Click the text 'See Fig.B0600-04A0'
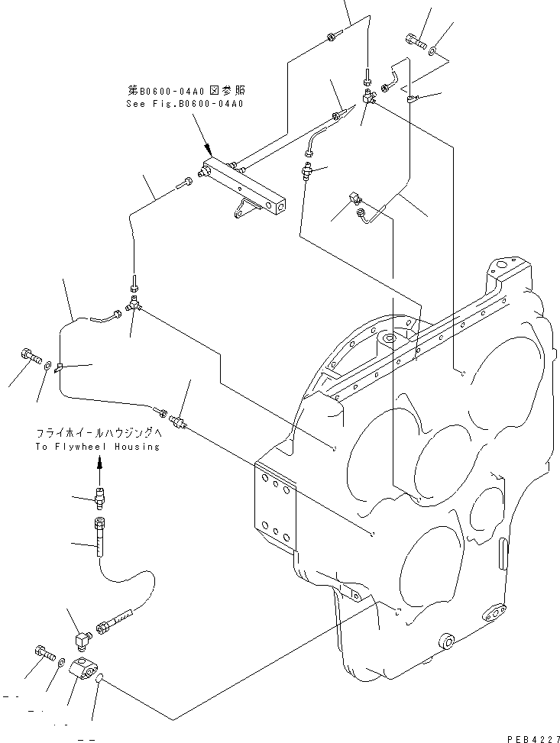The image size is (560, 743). [184, 103]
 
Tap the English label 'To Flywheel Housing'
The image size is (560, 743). [96, 447]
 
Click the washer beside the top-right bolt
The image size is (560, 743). [433, 50]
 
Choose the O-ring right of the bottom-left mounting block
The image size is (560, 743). [101, 677]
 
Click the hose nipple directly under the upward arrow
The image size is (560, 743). [99, 496]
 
